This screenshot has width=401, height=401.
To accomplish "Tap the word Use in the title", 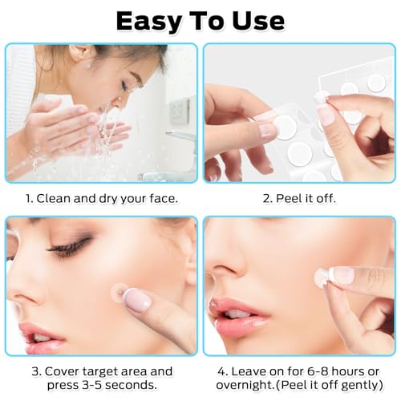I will pos(260,20).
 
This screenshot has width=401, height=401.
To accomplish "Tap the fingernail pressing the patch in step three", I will pos(138,302).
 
